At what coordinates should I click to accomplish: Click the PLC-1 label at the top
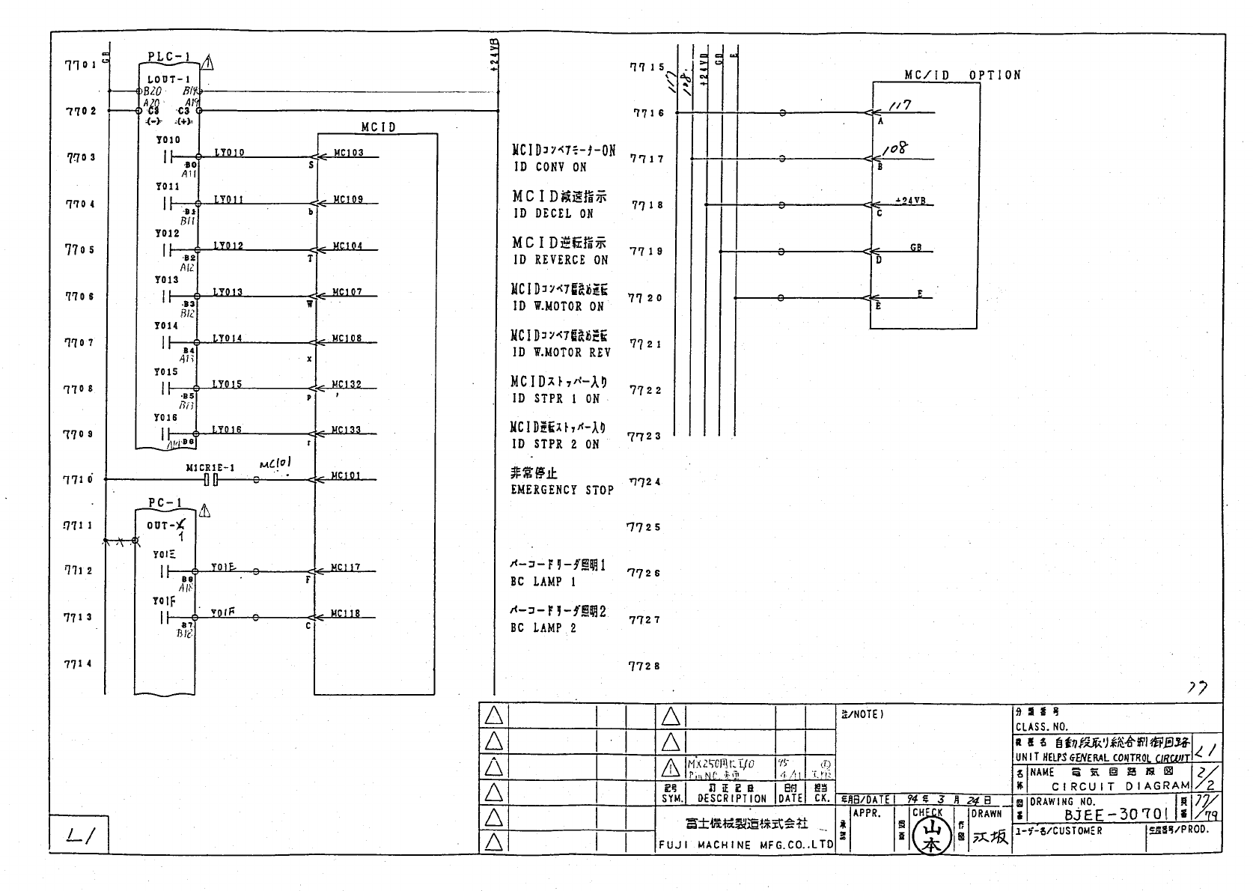tap(169, 57)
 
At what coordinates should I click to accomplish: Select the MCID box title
tap(378, 127)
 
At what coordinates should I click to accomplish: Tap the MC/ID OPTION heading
tap(962, 76)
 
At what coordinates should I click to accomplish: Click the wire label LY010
tap(228, 153)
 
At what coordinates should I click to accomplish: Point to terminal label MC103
tap(348, 153)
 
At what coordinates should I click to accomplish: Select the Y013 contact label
tap(167, 280)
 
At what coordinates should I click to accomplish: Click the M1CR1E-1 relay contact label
tap(210, 468)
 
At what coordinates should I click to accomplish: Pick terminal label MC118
tap(346, 614)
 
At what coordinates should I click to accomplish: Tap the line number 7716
tap(648, 113)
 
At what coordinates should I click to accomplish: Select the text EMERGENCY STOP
tap(562, 490)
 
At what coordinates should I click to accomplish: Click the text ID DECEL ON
tap(553, 213)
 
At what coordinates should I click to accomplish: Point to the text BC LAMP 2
tap(543, 628)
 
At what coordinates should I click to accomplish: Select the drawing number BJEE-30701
tap(1116, 814)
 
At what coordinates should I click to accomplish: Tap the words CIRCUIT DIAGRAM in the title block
tap(1120, 786)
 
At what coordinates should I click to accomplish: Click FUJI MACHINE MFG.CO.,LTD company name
tap(746, 845)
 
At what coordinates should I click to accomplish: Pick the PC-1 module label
tap(165, 502)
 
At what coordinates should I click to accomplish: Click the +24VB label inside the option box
tap(910, 201)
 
